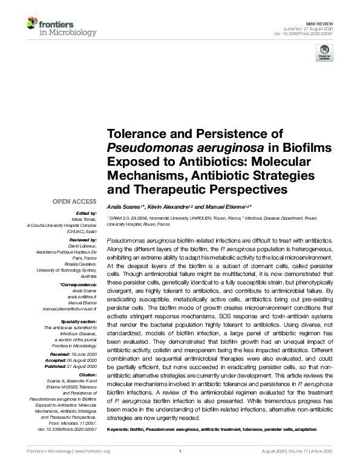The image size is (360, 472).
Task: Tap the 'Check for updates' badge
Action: (x=325, y=55)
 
